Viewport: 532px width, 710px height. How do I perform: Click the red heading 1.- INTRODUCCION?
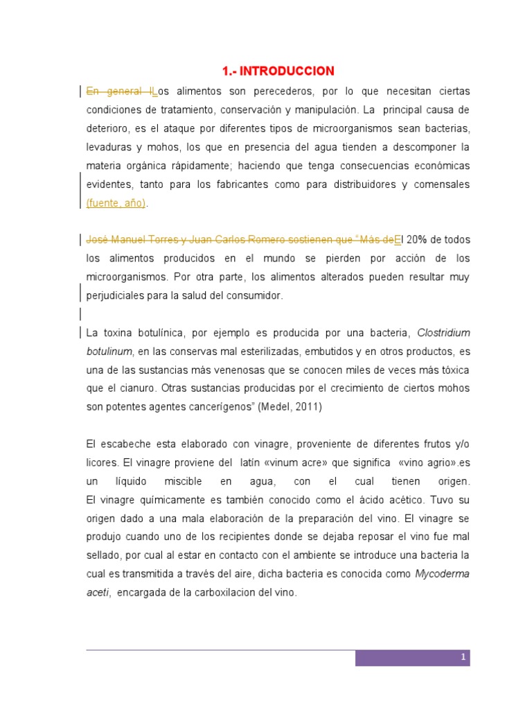coord(278,71)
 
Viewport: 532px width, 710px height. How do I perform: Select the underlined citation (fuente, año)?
coord(116,203)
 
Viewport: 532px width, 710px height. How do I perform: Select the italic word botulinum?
coord(109,352)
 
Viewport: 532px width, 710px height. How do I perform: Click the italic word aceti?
coord(98,594)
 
